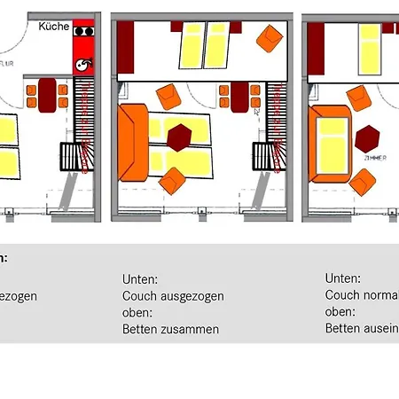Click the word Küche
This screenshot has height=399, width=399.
[x=54, y=27]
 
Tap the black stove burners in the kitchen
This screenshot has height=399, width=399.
[x=84, y=30]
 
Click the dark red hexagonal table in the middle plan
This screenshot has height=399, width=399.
[x=180, y=137]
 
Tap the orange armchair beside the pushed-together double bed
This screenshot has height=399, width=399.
[x=269, y=37]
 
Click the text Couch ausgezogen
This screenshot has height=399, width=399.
[x=173, y=296]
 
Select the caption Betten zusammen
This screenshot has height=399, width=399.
[x=170, y=329]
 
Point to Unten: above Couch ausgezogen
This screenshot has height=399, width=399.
[x=140, y=279]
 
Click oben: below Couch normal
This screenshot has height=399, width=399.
[x=340, y=312]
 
